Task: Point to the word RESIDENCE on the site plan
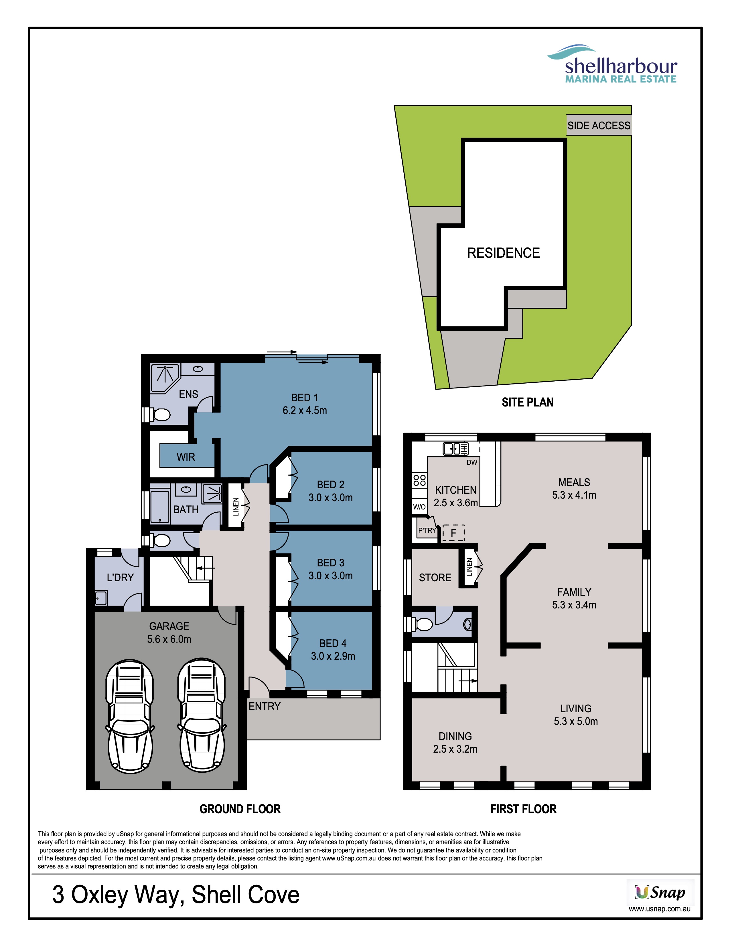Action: coord(503,253)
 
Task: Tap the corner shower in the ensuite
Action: coord(165,378)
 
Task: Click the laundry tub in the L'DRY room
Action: coord(101,598)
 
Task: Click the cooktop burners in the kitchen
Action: coord(419,480)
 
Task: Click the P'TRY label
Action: coord(427,530)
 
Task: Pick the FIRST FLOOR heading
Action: coord(523,809)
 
